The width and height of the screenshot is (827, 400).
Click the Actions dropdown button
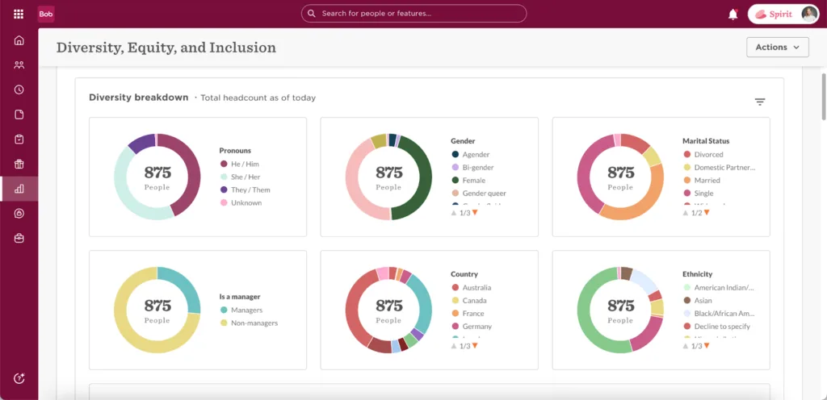(777, 48)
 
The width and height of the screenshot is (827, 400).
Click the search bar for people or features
(413, 14)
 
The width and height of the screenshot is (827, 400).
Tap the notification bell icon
(733, 14)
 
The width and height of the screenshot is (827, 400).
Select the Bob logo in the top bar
(46, 14)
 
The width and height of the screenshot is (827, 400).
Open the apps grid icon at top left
(19, 14)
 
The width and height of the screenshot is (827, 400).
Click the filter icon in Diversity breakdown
(759, 102)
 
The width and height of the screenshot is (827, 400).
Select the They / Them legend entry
(250, 190)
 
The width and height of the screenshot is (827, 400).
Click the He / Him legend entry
(245, 165)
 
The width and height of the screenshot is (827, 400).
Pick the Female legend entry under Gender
(473, 181)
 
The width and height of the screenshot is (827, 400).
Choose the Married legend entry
(707, 181)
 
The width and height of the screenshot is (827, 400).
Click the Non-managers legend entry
(254, 323)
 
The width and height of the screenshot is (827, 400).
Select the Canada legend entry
(475, 301)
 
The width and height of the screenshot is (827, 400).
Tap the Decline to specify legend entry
(721, 327)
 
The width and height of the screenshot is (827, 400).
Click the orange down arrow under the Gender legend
(475, 212)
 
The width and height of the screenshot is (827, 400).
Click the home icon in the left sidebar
(19, 41)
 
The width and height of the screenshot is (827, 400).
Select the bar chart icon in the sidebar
(19, 189)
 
